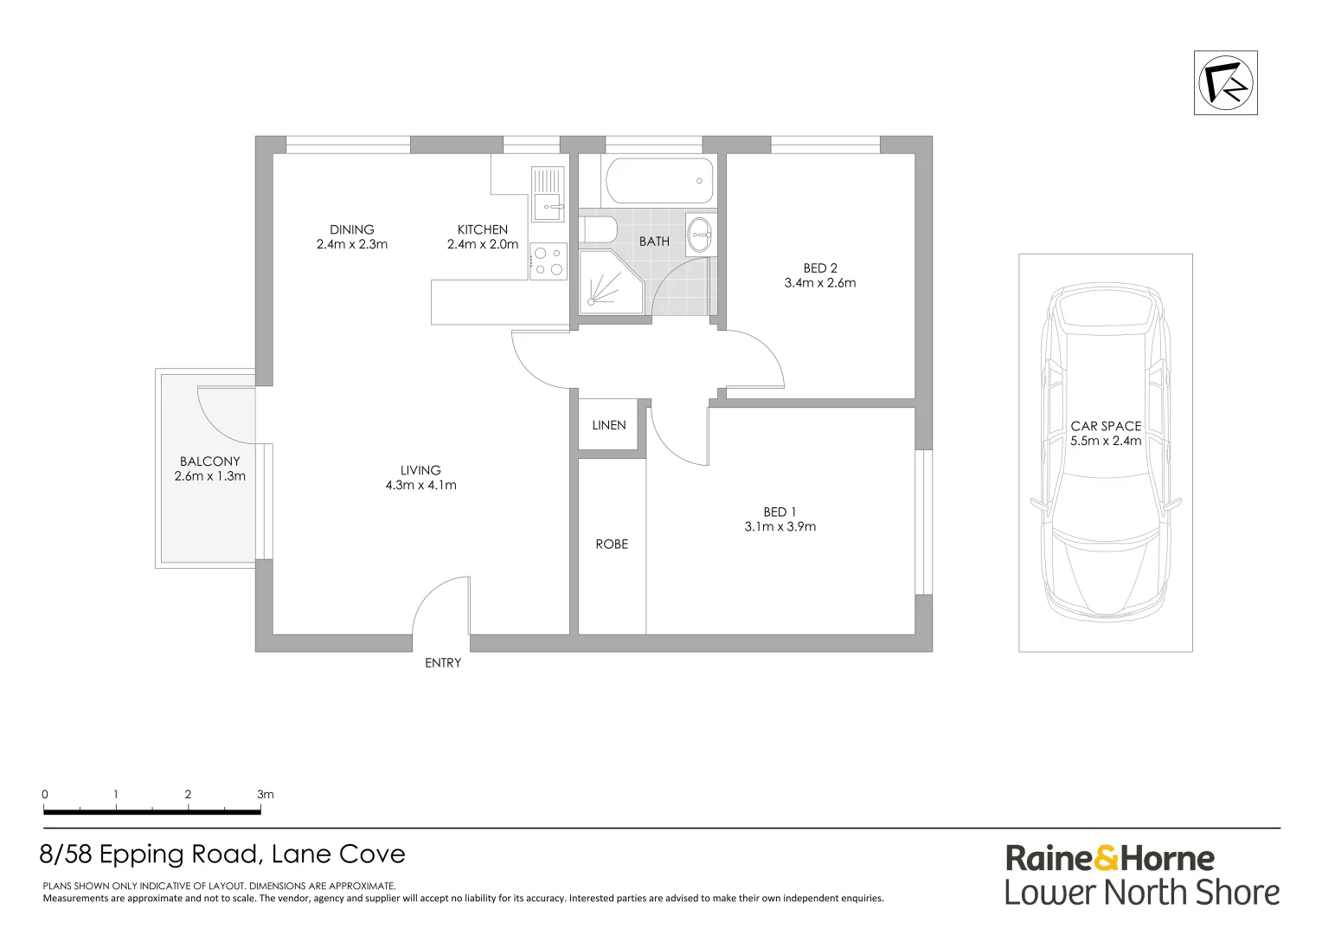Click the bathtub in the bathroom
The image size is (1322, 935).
click(659, 181)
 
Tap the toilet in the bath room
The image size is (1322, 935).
click(599, 230)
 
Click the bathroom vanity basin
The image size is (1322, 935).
click(701, 233)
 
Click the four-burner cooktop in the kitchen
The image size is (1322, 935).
click(548, 261)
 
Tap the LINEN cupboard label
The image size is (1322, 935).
click(609, 425)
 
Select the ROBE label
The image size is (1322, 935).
click(612, 544)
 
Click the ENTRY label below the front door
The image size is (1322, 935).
click(443, 663)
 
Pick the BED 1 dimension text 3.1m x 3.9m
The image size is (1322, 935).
click(780, 526)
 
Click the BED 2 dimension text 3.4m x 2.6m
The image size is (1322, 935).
click(820, 283)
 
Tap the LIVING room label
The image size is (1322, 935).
click(420, 470)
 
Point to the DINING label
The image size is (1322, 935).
click(352, 229)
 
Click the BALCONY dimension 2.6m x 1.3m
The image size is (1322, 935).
click(210, 476)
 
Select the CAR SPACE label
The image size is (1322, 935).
click(1106, 426)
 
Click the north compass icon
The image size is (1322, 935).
click(1225, 83)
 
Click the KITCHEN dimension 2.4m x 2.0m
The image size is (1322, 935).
click(483, 244)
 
